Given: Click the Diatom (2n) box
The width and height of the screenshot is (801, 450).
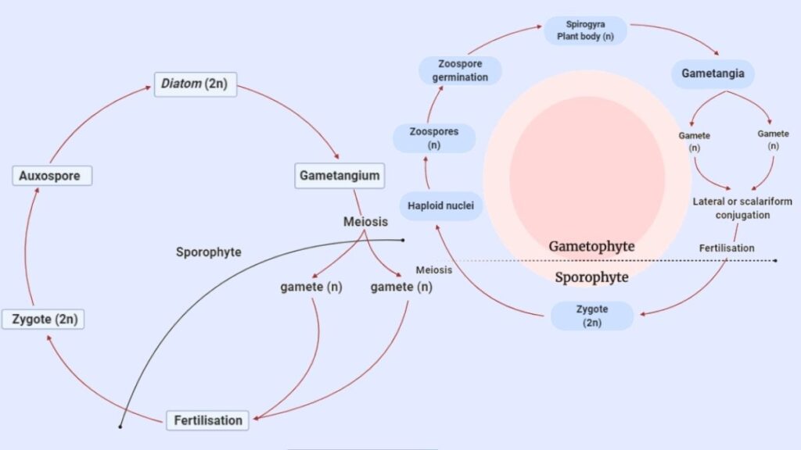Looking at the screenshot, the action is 195,84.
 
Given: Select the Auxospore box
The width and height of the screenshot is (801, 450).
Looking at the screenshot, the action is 52,176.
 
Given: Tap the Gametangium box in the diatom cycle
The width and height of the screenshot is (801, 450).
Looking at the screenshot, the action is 339,176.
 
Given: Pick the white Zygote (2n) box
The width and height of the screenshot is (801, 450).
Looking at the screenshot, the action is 43,320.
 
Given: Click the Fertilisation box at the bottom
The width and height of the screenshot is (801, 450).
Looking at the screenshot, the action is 207,420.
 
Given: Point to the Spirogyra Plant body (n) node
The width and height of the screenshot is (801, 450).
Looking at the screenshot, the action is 585,30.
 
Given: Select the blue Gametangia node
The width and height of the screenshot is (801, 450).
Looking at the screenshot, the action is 713,73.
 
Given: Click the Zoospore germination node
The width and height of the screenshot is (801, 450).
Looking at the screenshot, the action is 460,70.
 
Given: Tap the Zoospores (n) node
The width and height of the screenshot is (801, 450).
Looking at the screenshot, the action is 434,138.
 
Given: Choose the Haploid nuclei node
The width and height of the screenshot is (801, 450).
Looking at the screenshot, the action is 441,205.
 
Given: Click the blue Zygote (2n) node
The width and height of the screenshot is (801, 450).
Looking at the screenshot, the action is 592,316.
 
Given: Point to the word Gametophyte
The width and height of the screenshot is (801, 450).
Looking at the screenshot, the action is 591,246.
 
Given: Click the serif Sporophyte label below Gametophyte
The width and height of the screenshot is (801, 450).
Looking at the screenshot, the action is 591,277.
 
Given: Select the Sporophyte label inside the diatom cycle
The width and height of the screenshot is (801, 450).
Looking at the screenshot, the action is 208,252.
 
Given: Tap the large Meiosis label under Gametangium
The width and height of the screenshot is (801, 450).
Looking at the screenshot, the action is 365,222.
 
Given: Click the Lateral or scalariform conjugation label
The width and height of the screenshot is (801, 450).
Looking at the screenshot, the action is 742,208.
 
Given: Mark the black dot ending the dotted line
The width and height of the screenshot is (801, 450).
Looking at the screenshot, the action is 775,261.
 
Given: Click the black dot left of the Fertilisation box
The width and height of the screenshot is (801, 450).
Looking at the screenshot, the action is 120,427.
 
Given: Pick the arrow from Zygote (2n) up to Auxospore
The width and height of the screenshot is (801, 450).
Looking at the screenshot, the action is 26,248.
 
